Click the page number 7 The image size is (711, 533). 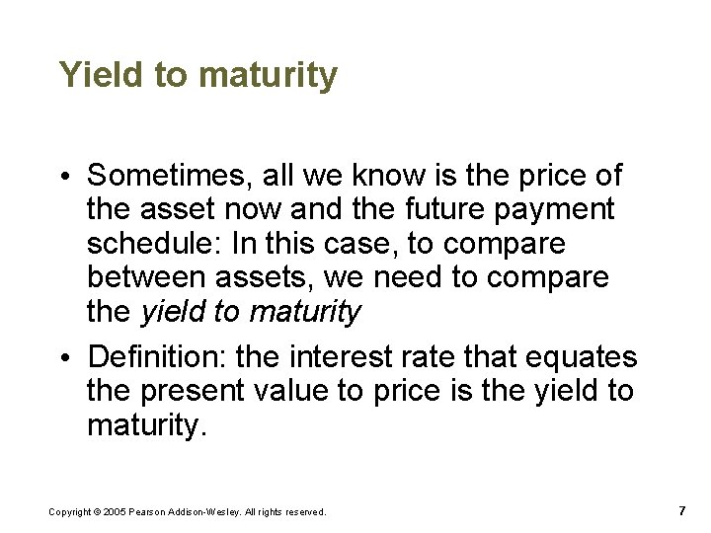click(681, 511)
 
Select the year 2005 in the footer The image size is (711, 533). click(118, 512)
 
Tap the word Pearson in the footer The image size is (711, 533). click(153, 512)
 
